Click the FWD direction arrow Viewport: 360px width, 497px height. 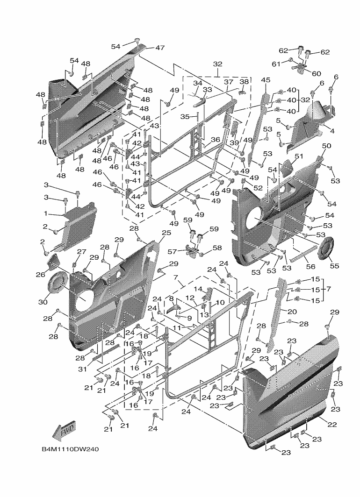[x=64, y=431]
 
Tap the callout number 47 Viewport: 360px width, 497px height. [x=160, y=48]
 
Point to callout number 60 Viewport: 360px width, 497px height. [x=317, y=73]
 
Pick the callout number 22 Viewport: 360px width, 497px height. [x=332, y=424]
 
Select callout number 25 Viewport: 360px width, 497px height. [x=166, y=233]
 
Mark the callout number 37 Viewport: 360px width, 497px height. [x=228, y=82]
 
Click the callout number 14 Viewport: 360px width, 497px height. [x=198, y=290]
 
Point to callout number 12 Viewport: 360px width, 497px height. [x=190, y=298]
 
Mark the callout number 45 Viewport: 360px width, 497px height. [x=266, y=80]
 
